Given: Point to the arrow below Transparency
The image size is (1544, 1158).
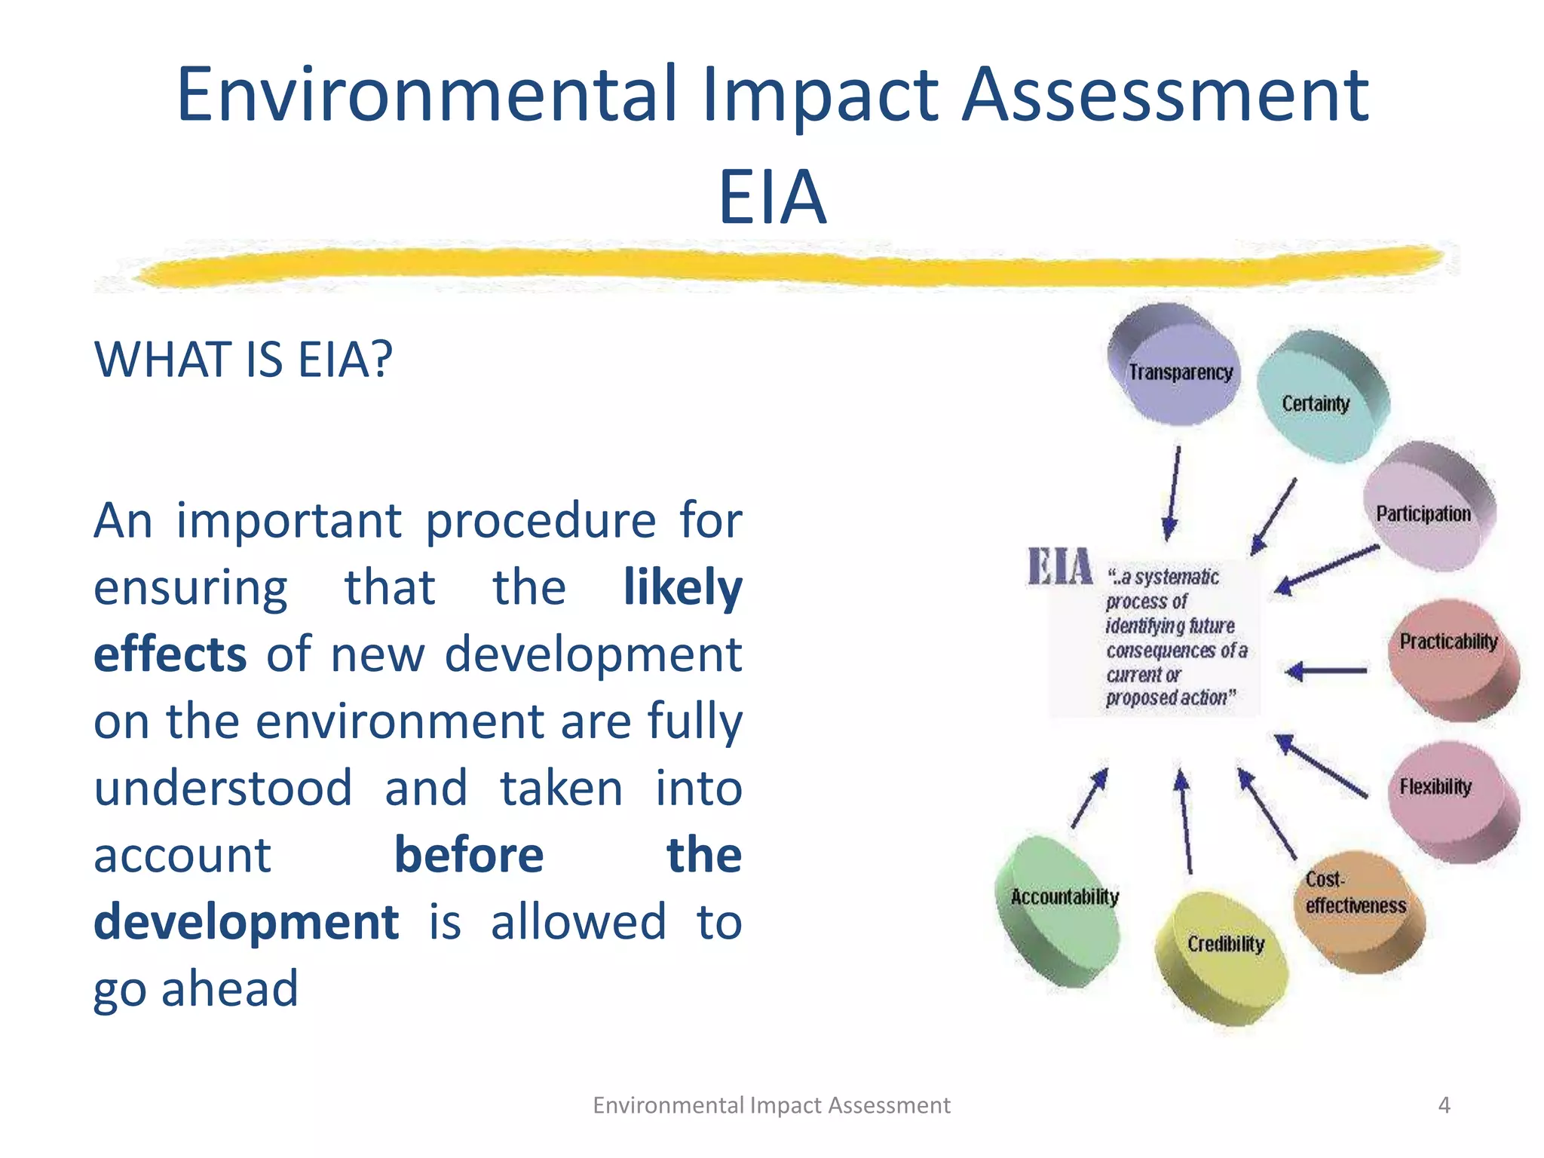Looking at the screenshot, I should pos(1173,493).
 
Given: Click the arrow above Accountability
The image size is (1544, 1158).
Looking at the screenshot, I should pos(1089,798).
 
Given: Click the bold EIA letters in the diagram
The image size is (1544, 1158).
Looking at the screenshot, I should pos(1060,567).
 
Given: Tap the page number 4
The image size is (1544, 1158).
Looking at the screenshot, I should pos(1444,1105).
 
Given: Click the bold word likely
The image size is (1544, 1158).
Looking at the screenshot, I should pos(682,588).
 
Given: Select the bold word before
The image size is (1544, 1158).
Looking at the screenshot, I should pos(468,856).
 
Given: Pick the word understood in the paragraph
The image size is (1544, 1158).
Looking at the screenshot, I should pos(223,789).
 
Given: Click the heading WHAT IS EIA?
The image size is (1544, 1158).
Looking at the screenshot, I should pos(243,360).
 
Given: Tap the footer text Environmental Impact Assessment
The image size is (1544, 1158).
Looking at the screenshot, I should pos(771,1105).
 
